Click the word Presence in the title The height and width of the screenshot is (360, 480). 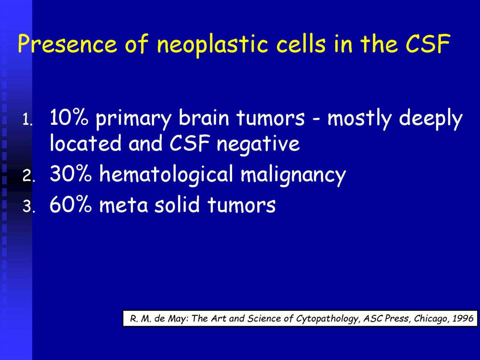[67, 43]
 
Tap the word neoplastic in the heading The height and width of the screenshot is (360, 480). [212, 45]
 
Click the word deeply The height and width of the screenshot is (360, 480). [431, 119]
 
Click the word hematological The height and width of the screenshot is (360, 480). [166, 175]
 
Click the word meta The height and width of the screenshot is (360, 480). [123, 206]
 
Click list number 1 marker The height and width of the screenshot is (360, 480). [27, 120]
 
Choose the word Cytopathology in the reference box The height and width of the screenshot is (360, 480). [328, 319]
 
